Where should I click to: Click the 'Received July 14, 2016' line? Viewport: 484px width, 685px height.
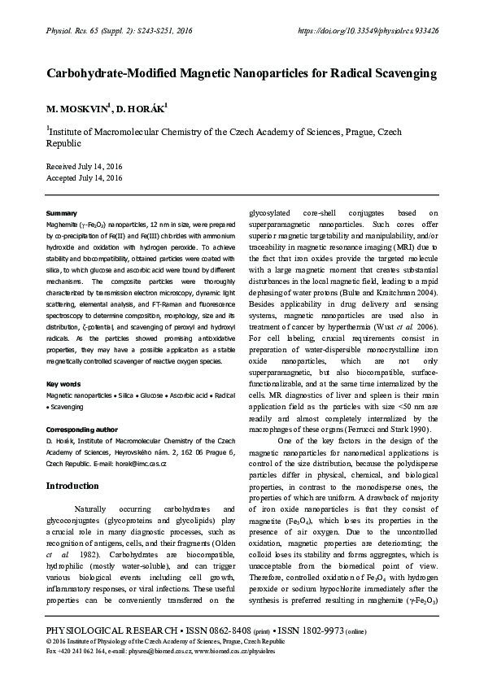tap(84, 165)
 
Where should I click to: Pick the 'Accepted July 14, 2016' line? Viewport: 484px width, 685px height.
tap(84, 177)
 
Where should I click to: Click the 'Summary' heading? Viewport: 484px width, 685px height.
tap(62, 212)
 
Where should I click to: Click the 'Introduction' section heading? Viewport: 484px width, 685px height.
tap(72, 486)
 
